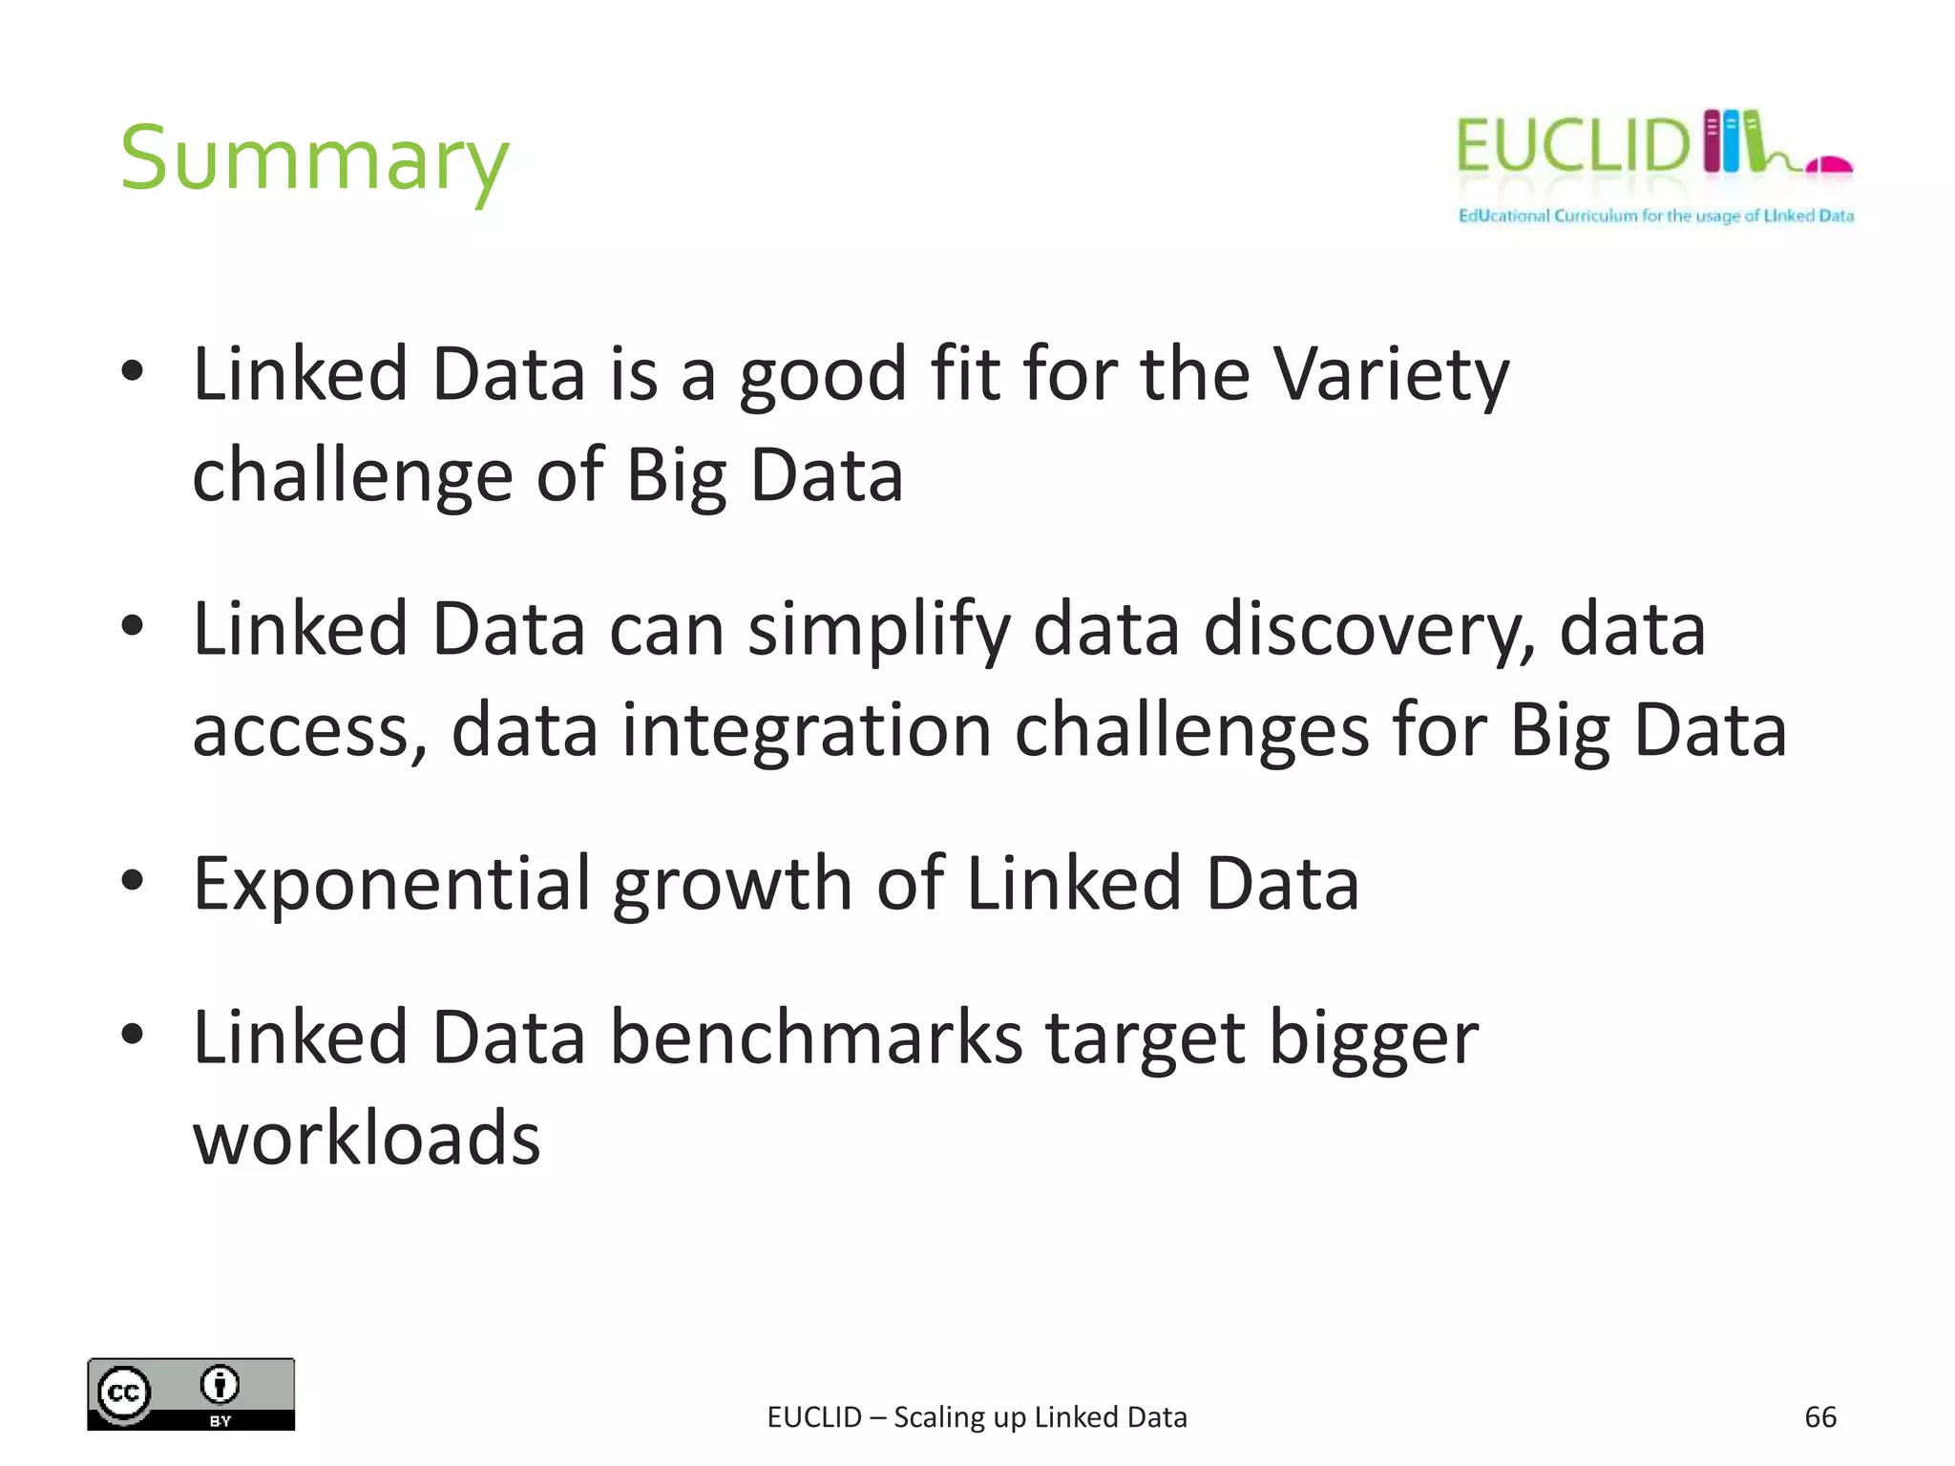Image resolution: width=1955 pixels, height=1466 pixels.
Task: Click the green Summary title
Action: click(314, 159)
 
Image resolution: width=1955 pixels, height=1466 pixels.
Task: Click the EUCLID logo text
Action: click(1572, 146)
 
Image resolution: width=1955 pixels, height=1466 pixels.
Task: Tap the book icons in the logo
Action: click(1733, 141)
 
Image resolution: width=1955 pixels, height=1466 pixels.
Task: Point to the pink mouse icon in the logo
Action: click(1829, 166)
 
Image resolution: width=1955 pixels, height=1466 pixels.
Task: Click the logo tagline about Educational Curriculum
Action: click(1655, 216)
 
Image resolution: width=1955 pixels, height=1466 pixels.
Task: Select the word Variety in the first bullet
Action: click(1392, 374)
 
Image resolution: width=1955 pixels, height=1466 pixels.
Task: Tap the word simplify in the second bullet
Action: click(878, 630)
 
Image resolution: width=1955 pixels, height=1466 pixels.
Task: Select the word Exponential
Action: click(391, 884)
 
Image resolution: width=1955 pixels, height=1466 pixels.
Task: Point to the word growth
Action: click(732, 884)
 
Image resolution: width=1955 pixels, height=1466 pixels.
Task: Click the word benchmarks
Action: click(816, 1037)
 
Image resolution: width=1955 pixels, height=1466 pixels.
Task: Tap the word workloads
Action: click(367, 1139)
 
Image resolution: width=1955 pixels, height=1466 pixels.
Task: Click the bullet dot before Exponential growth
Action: click(133, 881)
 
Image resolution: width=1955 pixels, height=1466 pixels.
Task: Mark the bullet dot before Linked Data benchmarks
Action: click(133, 1034)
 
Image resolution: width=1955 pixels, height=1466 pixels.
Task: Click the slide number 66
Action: click(1819, 1416)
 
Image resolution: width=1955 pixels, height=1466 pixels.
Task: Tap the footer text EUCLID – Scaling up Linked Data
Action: click(977, 1417)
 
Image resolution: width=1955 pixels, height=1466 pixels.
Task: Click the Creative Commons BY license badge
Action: click(191, 1393)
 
